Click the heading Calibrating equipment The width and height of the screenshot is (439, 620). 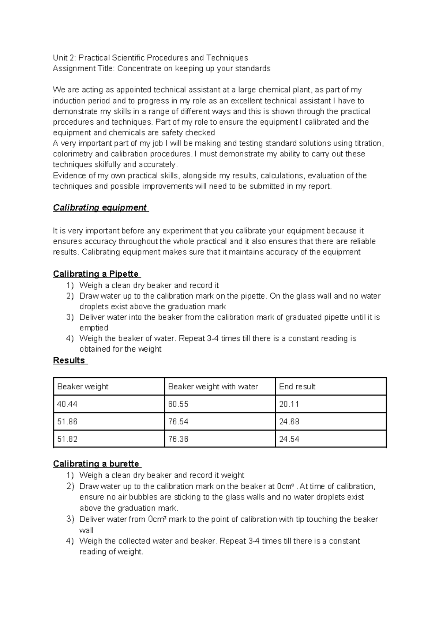[100, 208]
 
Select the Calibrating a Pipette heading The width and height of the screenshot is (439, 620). [96, 274]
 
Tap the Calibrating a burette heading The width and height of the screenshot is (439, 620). [96, 464]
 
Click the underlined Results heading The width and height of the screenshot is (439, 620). [69, 360]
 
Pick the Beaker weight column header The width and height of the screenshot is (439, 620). [83, 386]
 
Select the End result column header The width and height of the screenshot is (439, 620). [297, 386]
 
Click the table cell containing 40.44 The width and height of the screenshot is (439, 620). [67, 404]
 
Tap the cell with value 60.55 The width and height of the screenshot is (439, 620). [178, 404]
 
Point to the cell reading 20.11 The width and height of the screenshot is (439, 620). [289, 404]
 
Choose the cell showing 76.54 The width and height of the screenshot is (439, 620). [178, 421]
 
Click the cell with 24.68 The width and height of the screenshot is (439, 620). [289, 421]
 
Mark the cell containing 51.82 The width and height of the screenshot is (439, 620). [67, 439]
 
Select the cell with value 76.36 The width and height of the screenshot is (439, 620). [178, 439]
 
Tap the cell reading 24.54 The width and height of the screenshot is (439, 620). [289, 439]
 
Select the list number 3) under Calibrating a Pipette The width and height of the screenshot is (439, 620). [70, 317]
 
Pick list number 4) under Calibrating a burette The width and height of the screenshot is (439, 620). [70, 541]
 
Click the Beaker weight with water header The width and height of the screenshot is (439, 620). [213, 386]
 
